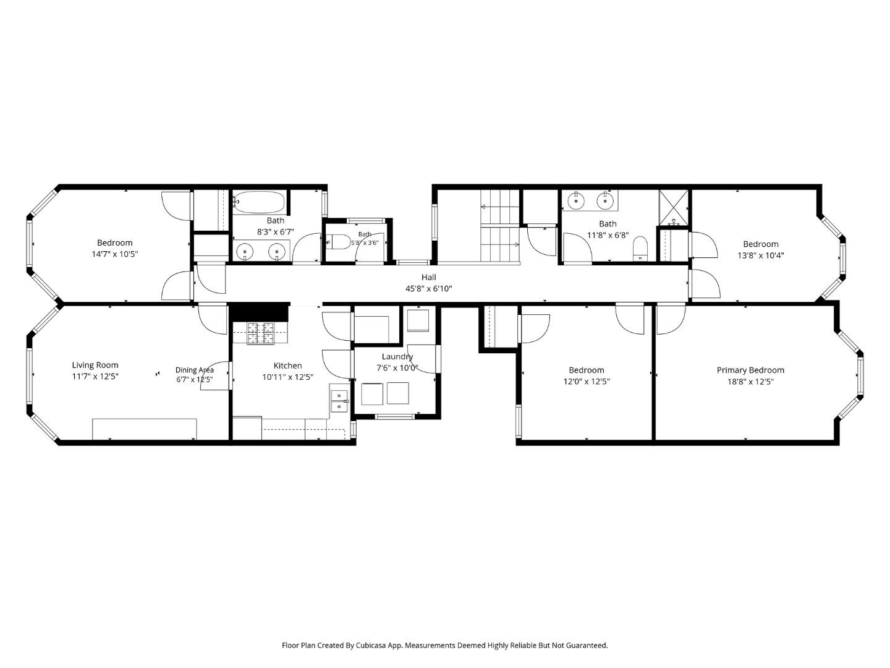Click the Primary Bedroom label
tap(750, 370)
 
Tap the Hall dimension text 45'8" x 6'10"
tap(428, 289)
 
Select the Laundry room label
tap(397, 357)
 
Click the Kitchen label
tap(287, 366)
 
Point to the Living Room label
tap(95, 365)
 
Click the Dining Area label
tap(194, 370)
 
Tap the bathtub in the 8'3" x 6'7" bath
tap(260, 202)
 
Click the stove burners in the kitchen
tap(261, 333)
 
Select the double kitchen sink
tap(339, 401)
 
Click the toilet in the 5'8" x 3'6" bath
tap(339, 242)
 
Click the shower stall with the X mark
tap(674, 207)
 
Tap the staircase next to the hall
tap(500, 226)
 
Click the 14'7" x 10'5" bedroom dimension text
tap(115, 254)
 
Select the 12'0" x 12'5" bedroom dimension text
tap(587, 381)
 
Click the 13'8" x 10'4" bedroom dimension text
tap(761, 255)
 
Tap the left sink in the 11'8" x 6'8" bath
tap(575, 200)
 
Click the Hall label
tap(428, 278)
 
